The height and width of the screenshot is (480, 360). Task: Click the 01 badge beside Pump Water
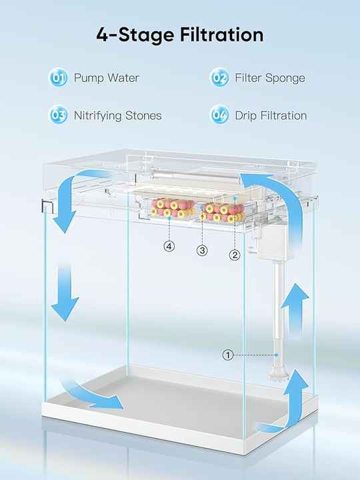58,77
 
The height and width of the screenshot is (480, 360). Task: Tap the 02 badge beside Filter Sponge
219,77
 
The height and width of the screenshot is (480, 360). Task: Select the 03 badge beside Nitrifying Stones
58,115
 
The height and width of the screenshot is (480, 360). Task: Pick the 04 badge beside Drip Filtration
219,115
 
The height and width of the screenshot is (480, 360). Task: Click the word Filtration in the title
221,35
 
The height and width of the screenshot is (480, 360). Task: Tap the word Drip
245,116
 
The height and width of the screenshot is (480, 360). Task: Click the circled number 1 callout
227,355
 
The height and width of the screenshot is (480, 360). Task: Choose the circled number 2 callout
235,255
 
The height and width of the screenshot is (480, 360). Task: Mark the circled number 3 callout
202,251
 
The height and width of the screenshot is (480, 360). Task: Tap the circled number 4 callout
169,246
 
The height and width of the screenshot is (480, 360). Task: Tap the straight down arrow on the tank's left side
65,293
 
